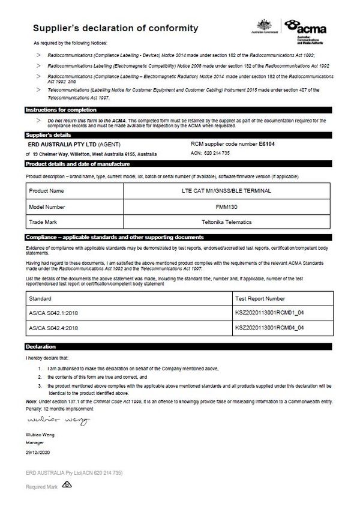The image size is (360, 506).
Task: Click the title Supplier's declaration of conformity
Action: pos(115,28)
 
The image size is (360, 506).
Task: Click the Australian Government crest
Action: pos(265,26)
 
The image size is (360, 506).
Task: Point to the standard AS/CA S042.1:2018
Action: pos(54,313)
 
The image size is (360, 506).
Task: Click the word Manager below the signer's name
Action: pos(36,441)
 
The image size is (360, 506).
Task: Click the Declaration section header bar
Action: pos(41,347)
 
